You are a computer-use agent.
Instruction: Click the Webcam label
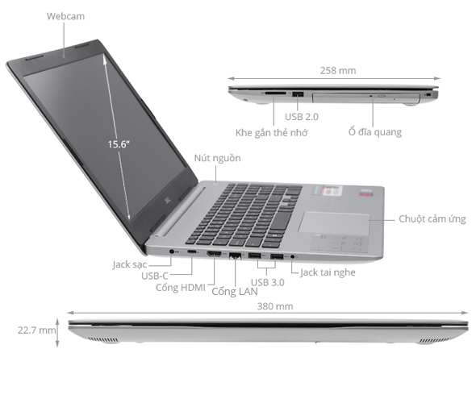pos(65,16)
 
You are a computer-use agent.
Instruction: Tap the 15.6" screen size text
pos(119,144)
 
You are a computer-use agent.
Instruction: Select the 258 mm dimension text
pos(339,71)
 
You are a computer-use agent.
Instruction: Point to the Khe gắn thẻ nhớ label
pos(270,131)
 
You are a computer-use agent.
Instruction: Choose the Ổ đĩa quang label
pos(375,131)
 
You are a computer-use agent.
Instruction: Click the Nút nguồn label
pos(217,158)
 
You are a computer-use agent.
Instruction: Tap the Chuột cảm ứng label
pos(432,219)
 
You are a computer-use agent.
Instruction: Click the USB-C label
pos(155,276)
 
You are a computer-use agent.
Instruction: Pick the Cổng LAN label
pos(235,291)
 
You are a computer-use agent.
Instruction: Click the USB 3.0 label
pos(268,282)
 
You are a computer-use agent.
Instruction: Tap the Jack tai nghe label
pos(328,272)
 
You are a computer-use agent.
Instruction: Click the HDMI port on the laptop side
pos(215,256)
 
